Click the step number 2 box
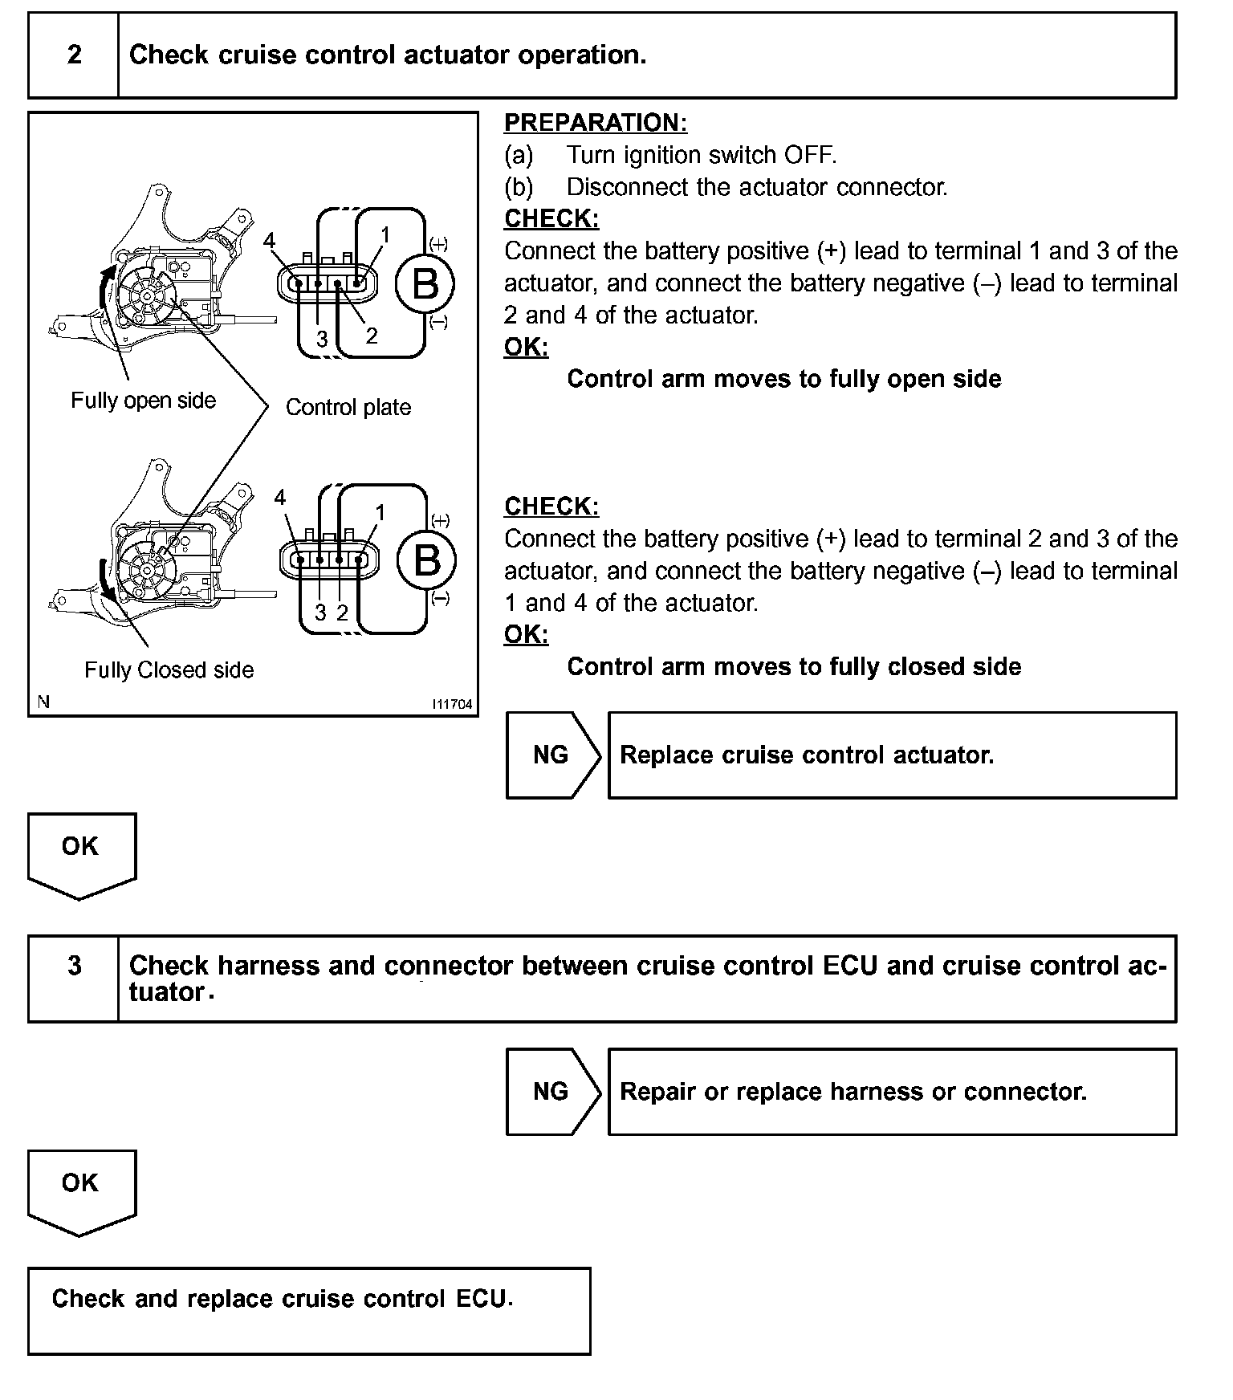coord(74,55)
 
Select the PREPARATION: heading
coord(596,123)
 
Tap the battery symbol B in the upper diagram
coord(425,284)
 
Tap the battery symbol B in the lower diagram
coord(426,560)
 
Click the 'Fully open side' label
coord(143,401)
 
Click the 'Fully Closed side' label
coord(169,670)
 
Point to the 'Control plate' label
coord(348,408)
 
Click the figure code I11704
coord(453,704)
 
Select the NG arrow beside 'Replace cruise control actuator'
coord(551,755)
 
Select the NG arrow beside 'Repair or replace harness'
coord(551,1091)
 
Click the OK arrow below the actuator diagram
coord(81,853)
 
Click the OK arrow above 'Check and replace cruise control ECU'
coord(81,1190)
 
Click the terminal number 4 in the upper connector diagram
coord(270,241)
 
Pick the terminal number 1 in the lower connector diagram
coord(380,512)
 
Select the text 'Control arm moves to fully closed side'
coord(794,667)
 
